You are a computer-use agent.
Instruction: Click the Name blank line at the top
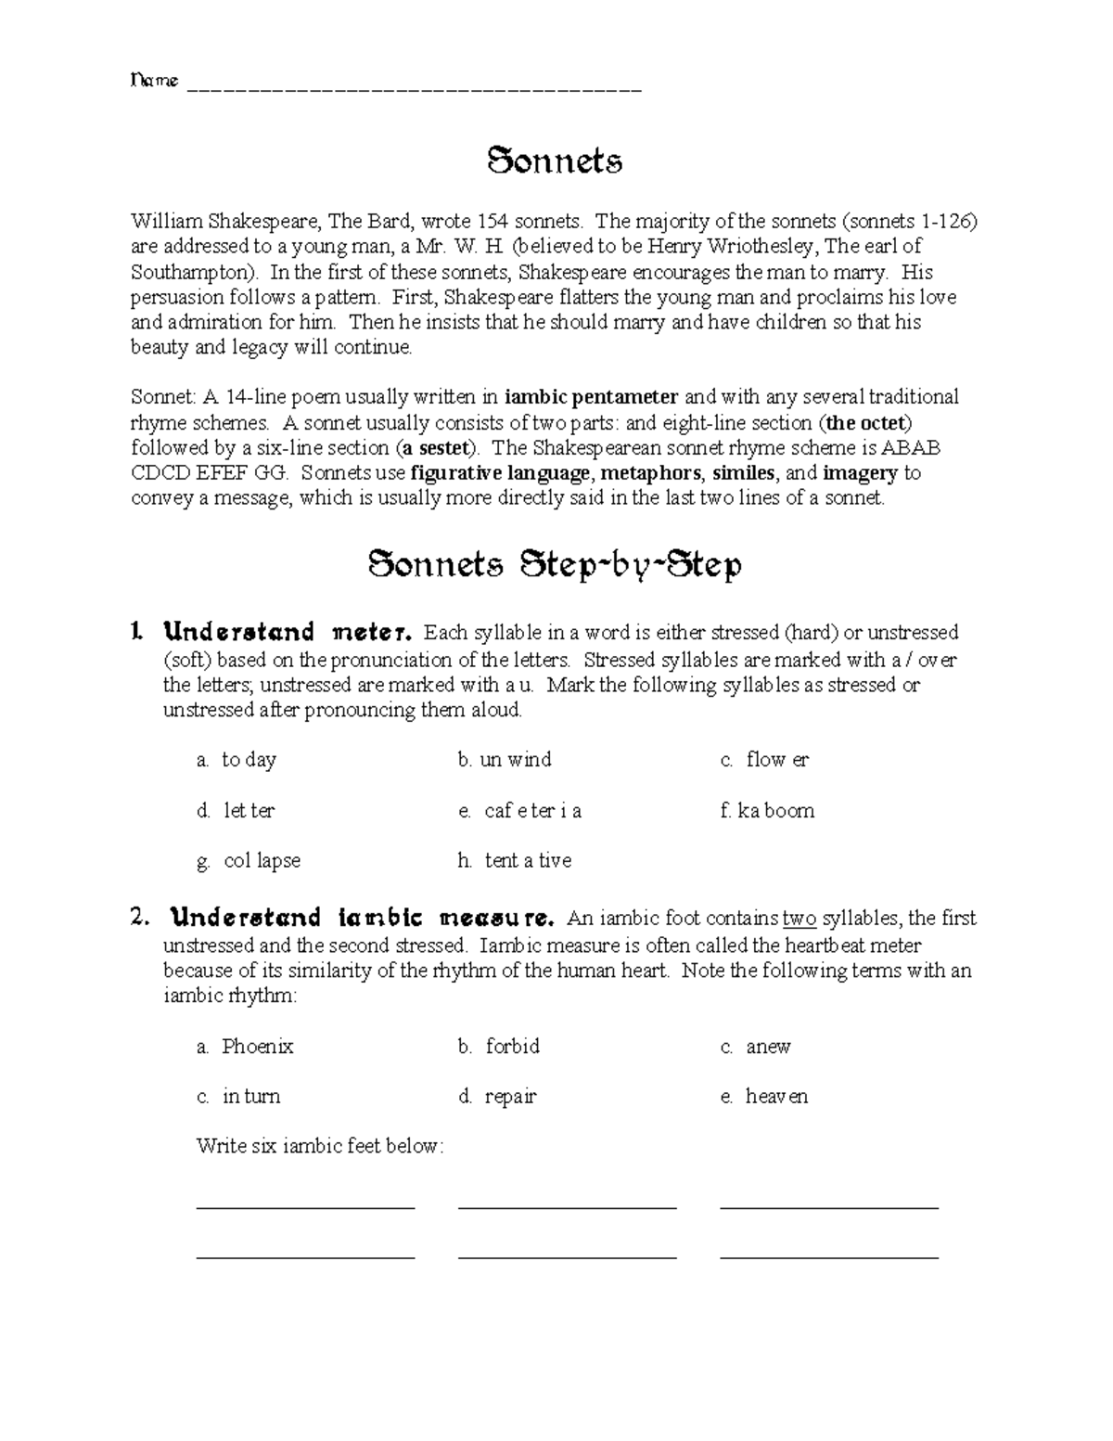[x=414, y=89]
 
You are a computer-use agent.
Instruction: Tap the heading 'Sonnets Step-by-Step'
[x=555, y=565]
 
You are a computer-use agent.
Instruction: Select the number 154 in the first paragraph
[x=493, y=222]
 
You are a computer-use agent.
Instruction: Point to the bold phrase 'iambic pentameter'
[x=592, y=397]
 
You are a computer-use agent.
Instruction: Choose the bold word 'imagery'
[x=860, y=473]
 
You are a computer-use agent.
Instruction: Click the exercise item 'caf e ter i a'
[x=532, y=811]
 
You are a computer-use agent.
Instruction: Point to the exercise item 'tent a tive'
[x=528, y=861]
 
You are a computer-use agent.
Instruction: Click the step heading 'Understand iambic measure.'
[x=362, y=919]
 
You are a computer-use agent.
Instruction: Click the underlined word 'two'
[x=800, y=919]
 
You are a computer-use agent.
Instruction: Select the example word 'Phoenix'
[x=257, y=1047]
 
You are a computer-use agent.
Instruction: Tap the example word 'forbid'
[x=512, y=1047]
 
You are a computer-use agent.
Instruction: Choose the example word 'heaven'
[x=776, y=1097]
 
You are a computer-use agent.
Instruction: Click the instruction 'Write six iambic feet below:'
[x=320, y=1147]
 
